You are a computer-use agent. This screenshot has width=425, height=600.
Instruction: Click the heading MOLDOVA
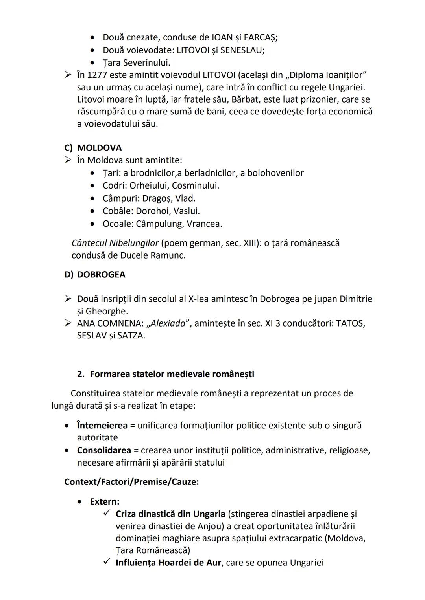click(99, 148)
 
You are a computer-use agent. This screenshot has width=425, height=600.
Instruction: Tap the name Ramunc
click(170, 255)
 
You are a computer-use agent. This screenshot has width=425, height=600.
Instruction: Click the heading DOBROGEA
click(101, 275)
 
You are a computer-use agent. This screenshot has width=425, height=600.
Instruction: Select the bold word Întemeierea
click(102, 425)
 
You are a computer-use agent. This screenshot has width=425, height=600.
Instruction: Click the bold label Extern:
click(105, 501)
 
